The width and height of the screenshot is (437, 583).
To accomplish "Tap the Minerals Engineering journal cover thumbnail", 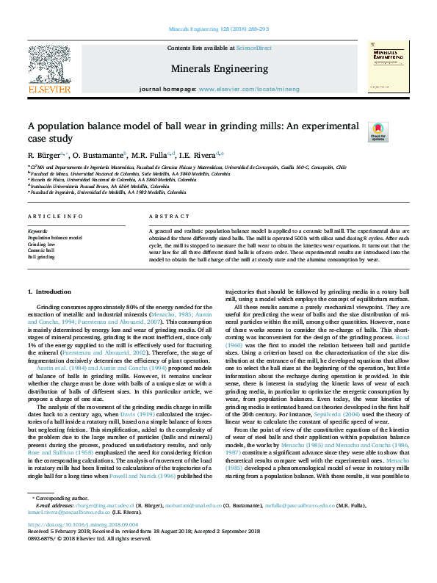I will coord(388,68).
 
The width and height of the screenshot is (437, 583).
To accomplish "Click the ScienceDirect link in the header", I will coord(253,48).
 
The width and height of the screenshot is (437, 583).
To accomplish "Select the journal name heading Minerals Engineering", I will coord(219,69).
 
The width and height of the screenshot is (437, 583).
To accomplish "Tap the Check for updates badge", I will coord(378,132).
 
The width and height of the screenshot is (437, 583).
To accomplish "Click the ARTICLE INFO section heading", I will coord(55,216).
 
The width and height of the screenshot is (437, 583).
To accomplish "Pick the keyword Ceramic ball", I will coord(41,250).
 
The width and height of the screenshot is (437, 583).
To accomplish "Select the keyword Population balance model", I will coord(55,238).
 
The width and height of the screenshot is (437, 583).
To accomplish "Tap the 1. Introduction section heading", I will coord(49,292).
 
